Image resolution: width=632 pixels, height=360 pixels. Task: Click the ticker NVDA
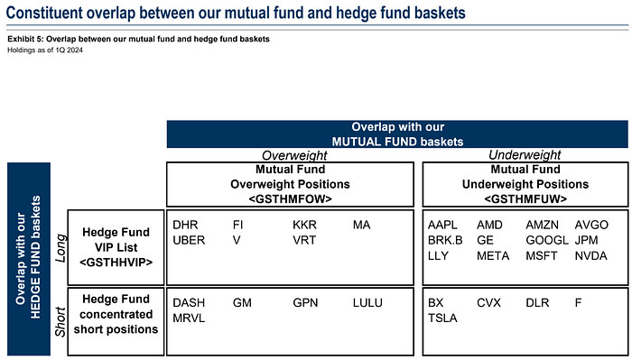(591, 255)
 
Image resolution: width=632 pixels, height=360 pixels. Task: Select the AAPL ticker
(444, 224)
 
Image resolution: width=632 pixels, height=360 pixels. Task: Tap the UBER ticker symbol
(189, 240)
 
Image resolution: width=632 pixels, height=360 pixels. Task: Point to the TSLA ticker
(443, 318)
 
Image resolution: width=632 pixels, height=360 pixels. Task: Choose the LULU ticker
(369, 303)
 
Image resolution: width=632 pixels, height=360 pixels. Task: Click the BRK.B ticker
(445, 240)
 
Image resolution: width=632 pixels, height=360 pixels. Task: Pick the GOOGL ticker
(546, 240)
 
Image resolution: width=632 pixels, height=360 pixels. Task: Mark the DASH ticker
(189, 303)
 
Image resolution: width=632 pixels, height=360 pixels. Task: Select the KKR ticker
(305, 224)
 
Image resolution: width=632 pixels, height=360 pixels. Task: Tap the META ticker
(493, 255)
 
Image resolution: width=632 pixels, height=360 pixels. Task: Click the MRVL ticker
(190, 318)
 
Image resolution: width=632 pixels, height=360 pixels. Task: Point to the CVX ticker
(488, 303)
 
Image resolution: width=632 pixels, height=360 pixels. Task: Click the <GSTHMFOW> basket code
(290, 198)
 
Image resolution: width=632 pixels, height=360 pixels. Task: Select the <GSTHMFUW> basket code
(525, 198)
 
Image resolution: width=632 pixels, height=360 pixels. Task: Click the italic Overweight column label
(291, 156)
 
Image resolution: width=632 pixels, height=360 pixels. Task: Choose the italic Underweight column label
(525, 156)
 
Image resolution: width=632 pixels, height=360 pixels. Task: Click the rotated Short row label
(61, 318)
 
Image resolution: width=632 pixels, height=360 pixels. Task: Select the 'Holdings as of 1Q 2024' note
(44, 51)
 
